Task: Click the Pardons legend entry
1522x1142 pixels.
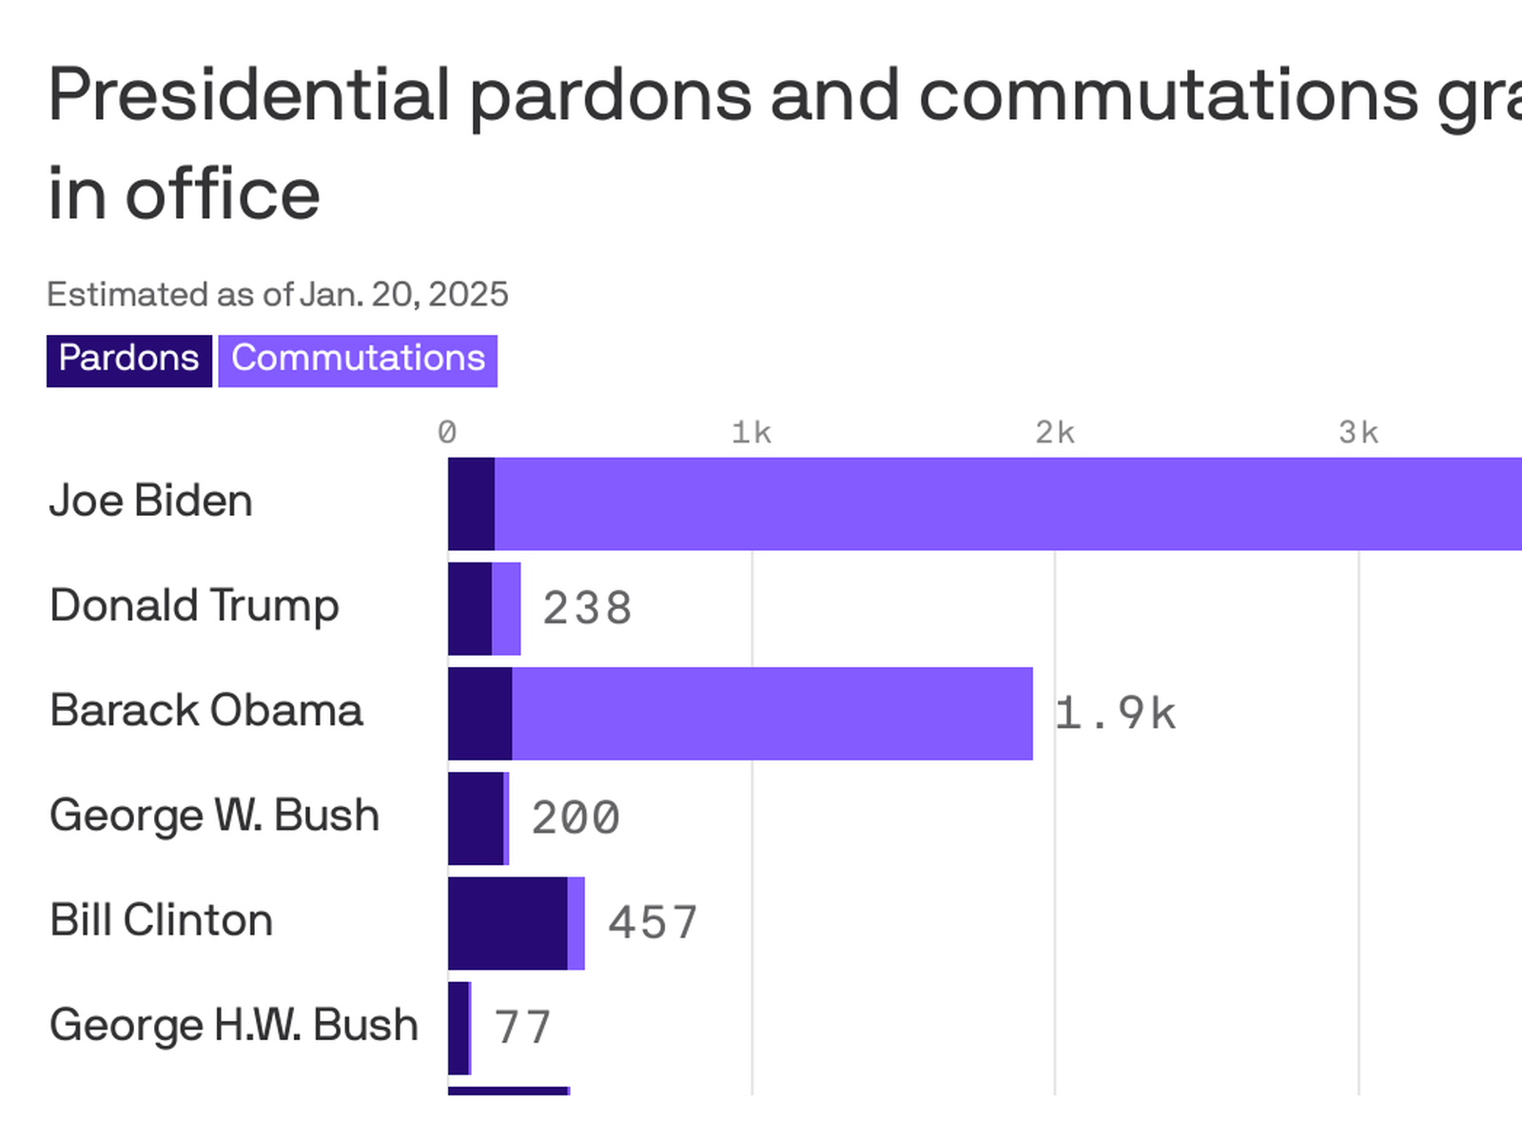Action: pos(128,360)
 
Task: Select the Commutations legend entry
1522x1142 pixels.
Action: pos(358,360)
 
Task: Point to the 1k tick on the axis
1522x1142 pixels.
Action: pos(751,433)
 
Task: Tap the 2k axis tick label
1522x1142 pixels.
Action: pos(1055,433)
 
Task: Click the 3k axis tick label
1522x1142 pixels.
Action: pos(1358,433)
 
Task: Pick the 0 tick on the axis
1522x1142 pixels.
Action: pos(447,433)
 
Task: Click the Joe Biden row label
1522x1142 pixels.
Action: pos(150,502)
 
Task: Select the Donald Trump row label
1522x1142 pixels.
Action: pos(194,606)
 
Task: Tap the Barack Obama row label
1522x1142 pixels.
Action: pos(206,711)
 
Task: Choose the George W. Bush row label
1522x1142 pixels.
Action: pos(214,816)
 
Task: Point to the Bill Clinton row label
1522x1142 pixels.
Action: pos(161,920)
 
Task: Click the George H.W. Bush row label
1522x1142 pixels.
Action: pos(234,1025)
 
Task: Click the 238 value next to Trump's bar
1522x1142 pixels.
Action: pos(587,609)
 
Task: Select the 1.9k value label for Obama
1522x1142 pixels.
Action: pos(1115,714)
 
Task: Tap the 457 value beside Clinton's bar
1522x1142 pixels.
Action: pos(653,923)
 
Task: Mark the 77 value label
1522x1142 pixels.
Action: pos(522,1028)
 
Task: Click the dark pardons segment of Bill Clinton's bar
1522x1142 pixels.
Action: pos(507,923)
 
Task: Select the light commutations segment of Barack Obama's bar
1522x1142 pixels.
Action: pos(771,714)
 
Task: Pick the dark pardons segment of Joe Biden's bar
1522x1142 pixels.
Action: pos(471,503)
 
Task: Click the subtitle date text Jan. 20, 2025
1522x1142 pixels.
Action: pos(403,295)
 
